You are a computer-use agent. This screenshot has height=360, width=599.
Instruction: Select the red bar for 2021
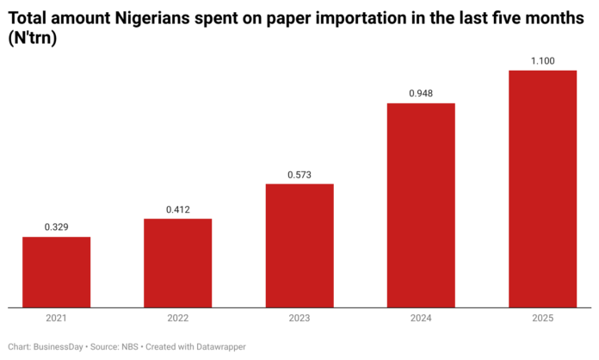(56, 271)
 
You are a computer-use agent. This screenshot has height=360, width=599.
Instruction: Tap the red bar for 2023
(299, 245)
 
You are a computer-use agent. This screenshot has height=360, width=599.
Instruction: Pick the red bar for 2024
(421, 204)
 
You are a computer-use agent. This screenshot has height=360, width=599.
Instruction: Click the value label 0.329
(56, 227)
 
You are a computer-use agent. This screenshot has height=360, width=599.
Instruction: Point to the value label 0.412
(177, 209)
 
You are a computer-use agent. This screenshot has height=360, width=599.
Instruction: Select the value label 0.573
(299, 175)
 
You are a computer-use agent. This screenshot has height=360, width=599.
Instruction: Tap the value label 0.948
(421, 94)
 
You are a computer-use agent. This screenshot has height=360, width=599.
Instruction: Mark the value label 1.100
(542, 61)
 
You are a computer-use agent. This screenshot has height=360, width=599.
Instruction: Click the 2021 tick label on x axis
(56, 319)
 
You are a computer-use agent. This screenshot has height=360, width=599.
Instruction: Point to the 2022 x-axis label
(177, 319)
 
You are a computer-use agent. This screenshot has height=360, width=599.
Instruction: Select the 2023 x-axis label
(299, 319)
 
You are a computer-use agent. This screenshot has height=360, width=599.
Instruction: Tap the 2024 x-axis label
(421, 319)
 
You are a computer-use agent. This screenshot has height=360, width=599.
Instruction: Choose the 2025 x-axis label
(542, 319)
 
